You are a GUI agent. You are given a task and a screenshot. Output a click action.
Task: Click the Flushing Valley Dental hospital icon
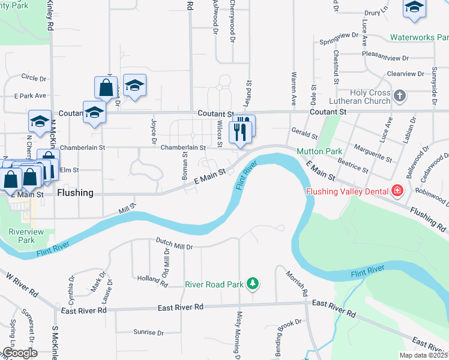[x=397, y=191]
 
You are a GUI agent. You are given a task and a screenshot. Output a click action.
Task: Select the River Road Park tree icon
[x=253, y=283]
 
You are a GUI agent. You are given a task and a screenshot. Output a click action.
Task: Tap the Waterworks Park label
[x=420, y=37]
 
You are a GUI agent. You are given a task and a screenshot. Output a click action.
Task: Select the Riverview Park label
[x=22, y=236]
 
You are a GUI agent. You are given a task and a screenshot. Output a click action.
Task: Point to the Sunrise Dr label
[x=148, y=332]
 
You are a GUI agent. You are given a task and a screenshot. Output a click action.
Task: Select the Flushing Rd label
[x=429, y=220]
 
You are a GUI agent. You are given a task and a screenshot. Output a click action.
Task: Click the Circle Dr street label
[x=34, y=78]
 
